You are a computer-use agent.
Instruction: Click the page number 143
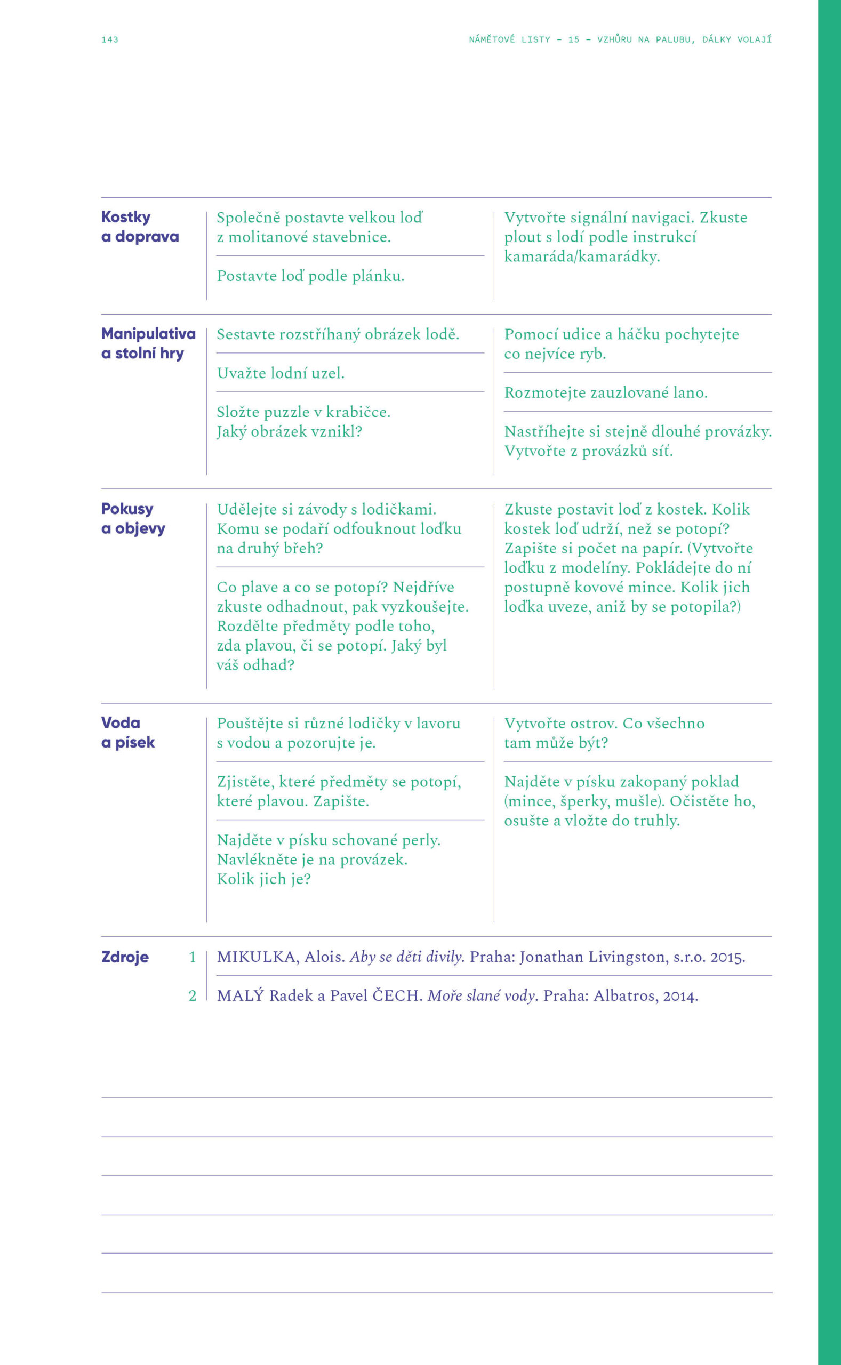point(109,39)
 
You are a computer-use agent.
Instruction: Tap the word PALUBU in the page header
point(675,39)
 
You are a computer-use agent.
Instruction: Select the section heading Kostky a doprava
point(140,227)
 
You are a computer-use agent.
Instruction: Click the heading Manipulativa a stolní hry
point(148,343)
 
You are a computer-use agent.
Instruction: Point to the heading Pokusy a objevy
point(133,519)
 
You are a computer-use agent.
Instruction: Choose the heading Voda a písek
point(127,733)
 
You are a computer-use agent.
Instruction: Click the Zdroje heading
point(125,958)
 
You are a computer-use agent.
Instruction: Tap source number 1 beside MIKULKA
point(193,958)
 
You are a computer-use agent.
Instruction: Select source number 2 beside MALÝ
point(193,997)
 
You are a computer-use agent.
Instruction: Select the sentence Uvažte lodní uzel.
point(281,373)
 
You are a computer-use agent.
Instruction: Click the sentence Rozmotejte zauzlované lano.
point(606,393)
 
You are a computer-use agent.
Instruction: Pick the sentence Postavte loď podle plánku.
point(310,276)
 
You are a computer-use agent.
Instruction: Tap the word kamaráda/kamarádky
point(582,257)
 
